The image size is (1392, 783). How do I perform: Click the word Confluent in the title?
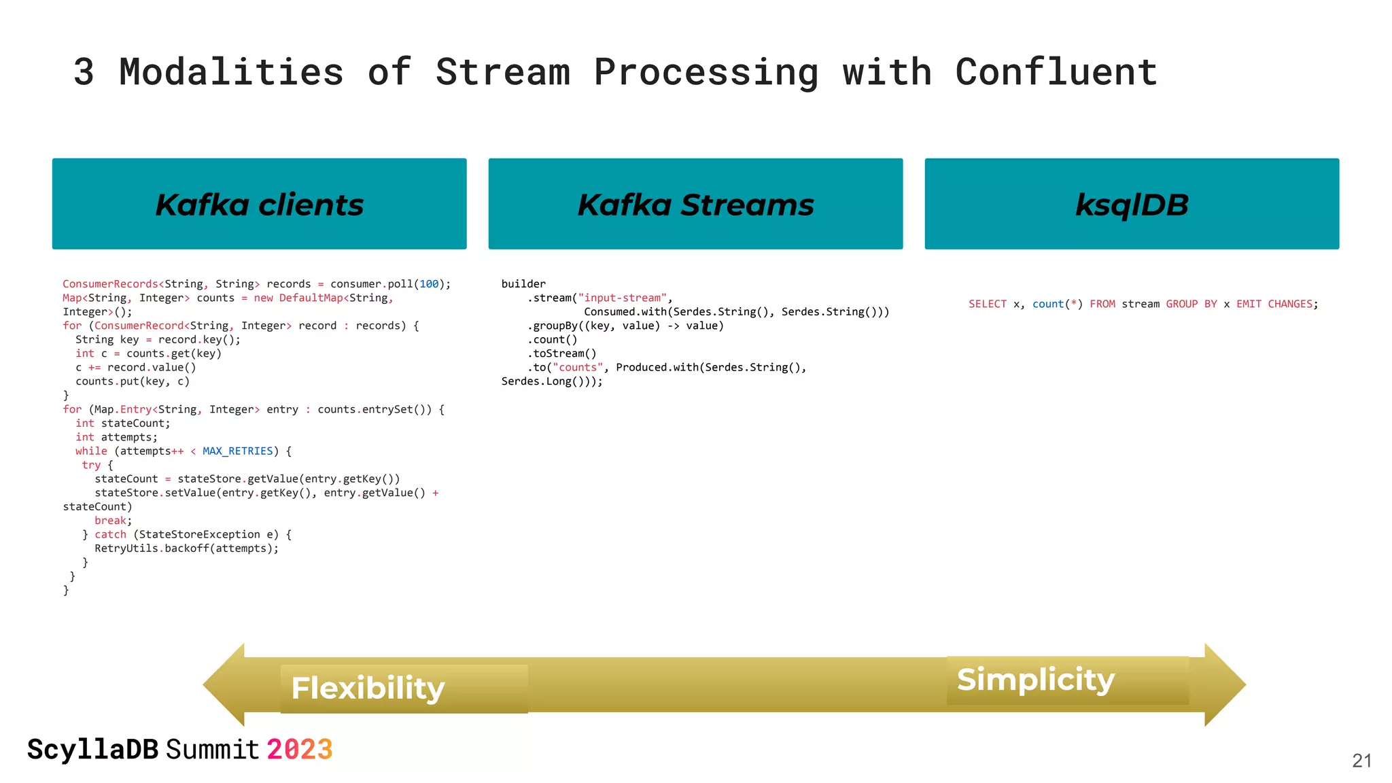1056,72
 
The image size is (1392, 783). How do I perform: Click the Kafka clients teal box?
259,204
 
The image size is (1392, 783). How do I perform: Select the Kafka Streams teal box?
695,204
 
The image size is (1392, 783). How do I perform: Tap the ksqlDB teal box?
1132,204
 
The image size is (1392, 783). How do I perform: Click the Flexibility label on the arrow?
368,688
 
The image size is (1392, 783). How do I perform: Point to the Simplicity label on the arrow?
1035,679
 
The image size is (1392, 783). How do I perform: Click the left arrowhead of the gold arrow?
224,684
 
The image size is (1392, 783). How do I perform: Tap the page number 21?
1361,761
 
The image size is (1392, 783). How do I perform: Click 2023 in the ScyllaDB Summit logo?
299,750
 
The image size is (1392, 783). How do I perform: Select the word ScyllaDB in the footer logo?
92,750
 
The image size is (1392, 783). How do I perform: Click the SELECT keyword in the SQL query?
987,304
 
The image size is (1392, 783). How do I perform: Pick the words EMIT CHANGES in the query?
1276,304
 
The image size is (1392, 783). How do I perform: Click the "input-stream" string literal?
622,298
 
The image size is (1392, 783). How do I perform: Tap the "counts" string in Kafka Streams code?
578,367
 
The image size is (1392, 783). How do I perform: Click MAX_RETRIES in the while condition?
237,451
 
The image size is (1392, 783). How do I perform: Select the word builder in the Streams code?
523,283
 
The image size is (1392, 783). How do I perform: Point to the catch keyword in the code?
110,534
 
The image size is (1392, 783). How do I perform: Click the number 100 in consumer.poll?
429,283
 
